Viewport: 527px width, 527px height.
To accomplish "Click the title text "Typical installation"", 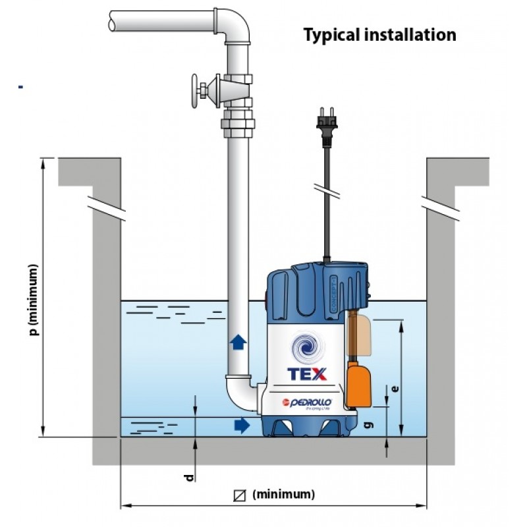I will (379, 34).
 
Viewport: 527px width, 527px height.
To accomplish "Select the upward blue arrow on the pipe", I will (238, 342).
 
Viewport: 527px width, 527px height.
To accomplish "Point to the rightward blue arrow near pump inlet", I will (243, 426).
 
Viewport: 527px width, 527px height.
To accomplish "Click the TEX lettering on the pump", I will (307, 374).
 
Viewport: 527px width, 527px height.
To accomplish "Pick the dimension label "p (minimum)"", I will (34, 300).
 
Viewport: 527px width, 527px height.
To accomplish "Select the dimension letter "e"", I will (394, 389).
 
